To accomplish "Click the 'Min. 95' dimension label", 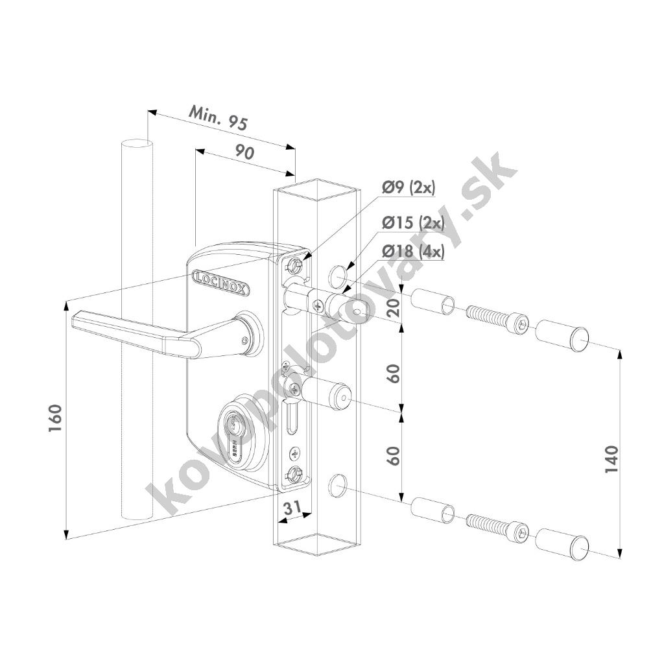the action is pos(217,117).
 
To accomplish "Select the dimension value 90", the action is pos(244,152).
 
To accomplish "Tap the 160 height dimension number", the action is pos(56,418).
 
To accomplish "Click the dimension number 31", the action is pos(292,507).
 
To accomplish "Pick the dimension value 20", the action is pos(394,308).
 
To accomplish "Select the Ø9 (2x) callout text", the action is pos(409,188).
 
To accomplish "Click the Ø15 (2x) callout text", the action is pos(413,222).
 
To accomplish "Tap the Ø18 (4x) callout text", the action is pos(413,252).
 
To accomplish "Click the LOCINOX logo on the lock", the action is pos(220,283).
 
